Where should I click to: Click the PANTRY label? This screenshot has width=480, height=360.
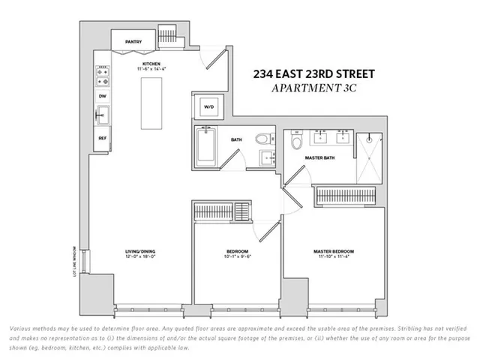134,42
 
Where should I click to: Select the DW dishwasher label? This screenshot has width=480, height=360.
101,96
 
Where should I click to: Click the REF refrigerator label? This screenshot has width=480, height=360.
101,138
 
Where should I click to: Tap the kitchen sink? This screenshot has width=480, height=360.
101,116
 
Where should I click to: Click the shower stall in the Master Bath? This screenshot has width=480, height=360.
369,157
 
